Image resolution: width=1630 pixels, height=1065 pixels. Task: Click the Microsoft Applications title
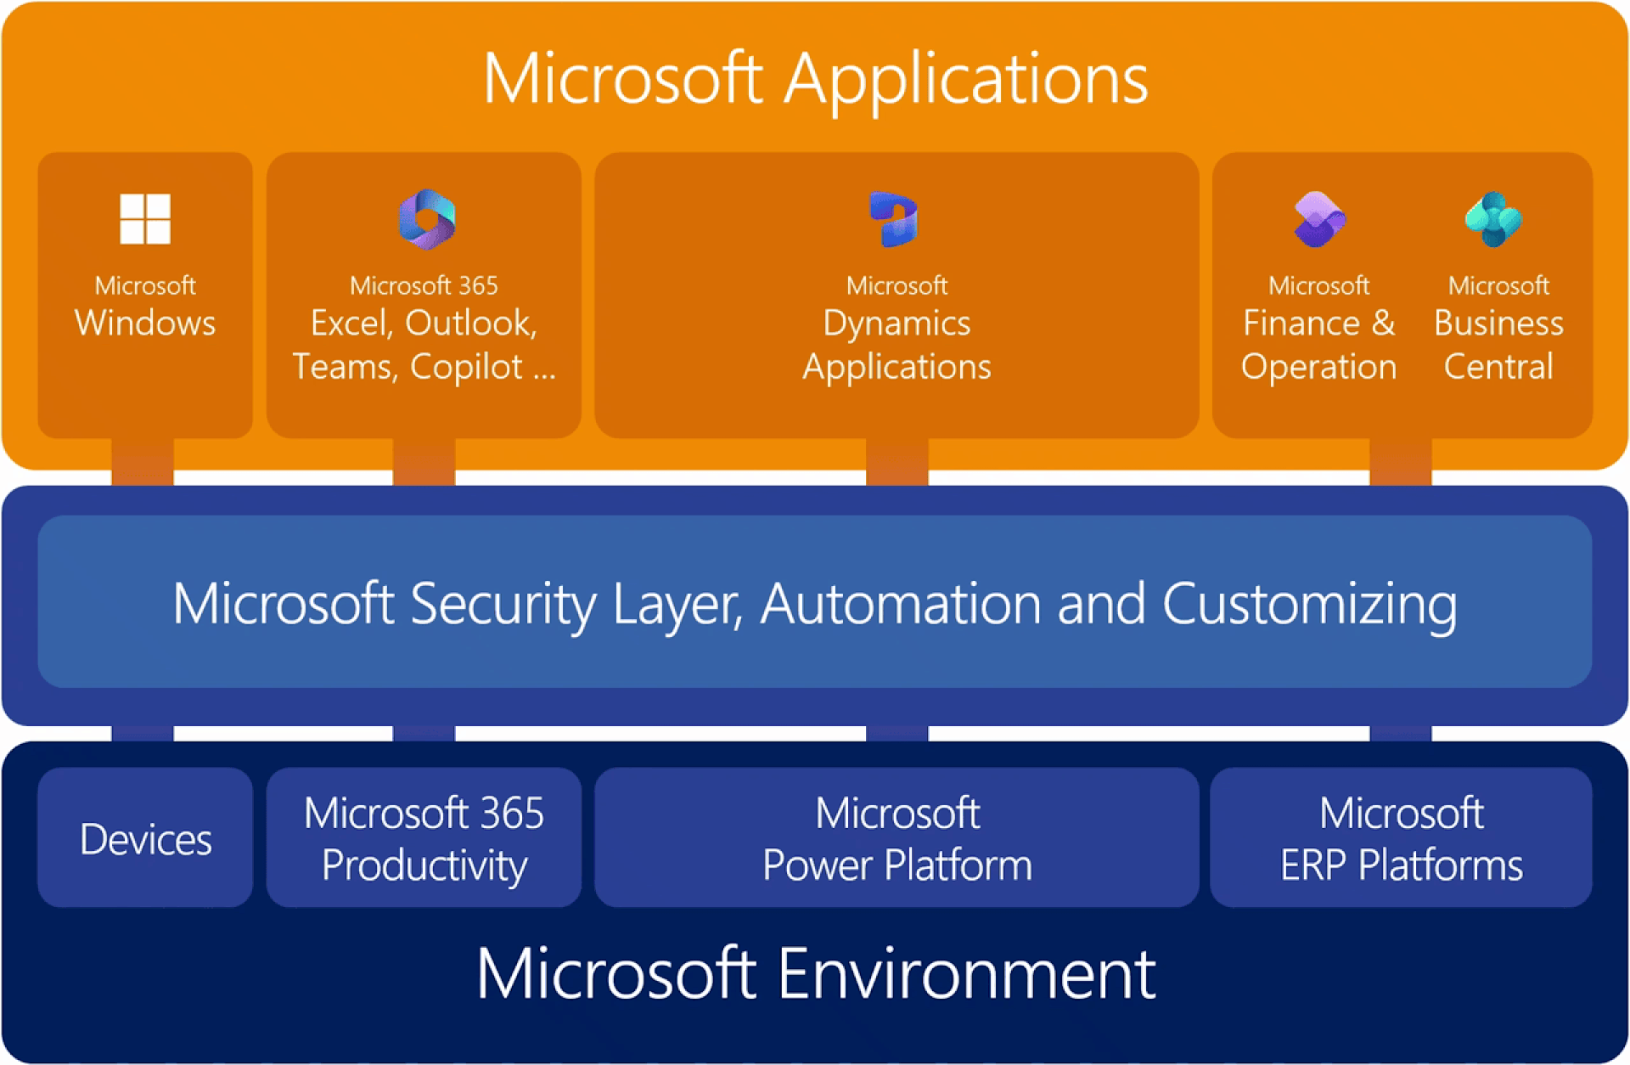click(x=815, y=79)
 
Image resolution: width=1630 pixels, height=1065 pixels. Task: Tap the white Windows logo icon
click(x=145, y=218)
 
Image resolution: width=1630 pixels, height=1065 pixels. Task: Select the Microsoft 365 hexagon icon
click(x=427, y=219)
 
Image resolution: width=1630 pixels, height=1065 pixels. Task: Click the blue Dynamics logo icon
click(x=894, y=219)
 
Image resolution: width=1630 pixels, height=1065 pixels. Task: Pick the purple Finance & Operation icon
click(x=1318, y=219)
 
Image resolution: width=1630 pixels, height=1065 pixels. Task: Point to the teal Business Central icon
click(x=1494, y=219)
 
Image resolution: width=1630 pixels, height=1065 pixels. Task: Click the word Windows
click(x=145, y=324)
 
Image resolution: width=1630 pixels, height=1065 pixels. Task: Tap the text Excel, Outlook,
click(x=424, y=324)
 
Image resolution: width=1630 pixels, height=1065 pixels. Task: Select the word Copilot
click(x=466, y=367)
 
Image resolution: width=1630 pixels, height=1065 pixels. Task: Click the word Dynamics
click(x=896, y=324)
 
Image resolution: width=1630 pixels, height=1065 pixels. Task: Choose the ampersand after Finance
click(x=1383, y=324)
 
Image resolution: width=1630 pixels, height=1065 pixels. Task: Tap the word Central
click(x=1498, y=367)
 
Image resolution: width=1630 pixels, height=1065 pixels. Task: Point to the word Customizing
click(x=1310, y=605)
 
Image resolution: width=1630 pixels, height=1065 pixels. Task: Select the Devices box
click(x=145, y=838)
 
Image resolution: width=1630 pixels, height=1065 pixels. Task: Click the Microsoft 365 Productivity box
click(x=424, y=838)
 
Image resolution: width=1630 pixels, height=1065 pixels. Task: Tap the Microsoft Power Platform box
click(x=896, y=838)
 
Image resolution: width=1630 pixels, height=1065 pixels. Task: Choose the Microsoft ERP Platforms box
click(x=1401, y=838)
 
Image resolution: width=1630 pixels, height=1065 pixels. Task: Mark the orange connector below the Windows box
click(x=143, y=462)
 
